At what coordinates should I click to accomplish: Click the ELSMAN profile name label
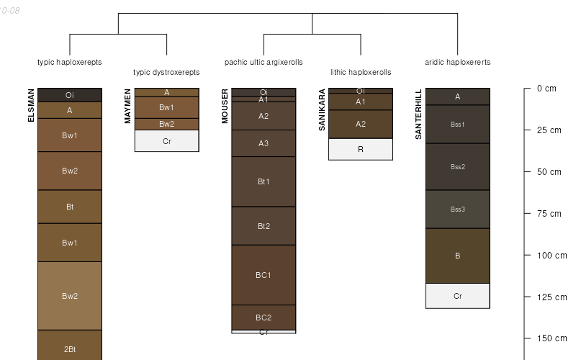31,105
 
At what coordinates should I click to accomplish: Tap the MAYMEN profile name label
127,106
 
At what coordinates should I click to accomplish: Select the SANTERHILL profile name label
418,114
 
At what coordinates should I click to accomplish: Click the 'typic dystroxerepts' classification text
166,72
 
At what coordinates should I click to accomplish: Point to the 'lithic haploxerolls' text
361,72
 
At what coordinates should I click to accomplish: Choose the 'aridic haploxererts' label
457,62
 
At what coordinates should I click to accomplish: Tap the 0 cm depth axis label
546,89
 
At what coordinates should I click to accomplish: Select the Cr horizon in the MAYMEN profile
166,141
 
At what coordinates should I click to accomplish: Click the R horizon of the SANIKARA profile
361,149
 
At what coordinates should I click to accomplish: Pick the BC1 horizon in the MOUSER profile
264,275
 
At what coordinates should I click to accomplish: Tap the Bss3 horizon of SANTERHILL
457,210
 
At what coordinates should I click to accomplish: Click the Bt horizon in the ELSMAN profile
70,207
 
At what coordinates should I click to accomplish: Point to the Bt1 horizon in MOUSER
264,181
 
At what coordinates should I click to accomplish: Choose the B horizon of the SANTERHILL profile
457,256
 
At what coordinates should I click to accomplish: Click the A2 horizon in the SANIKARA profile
361,124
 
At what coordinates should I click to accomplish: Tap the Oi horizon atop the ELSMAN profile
70,95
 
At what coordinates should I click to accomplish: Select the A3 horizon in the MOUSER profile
264,143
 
